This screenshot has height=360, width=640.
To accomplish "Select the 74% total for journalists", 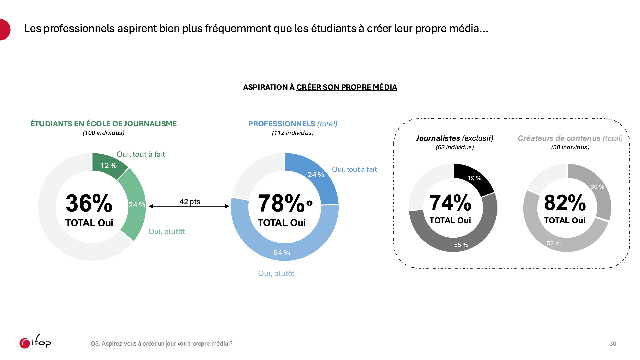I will [x=449, y=201].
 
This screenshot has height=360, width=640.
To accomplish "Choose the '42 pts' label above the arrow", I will [x=189, y=201].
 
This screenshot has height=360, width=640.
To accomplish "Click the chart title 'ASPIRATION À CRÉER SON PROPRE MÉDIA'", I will [x=320, y=88].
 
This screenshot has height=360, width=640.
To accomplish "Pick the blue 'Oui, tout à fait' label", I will [x=354, y=169].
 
